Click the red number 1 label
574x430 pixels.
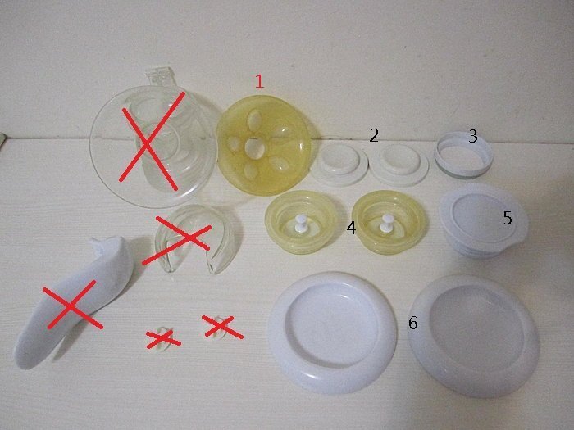click(259, 81)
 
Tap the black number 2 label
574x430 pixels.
click(373, 136)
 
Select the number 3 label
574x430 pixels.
click(473, 137)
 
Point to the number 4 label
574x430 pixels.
click(351, 228)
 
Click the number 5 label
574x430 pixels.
click(508, 218)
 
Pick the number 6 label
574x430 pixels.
click(413, 323)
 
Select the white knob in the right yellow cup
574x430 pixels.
click(386, 223)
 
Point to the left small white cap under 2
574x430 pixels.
click(339, 164)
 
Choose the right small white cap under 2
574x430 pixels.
click(399, 165)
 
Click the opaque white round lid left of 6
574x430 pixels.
click(332, 333)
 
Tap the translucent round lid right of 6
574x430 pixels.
click(473, 337)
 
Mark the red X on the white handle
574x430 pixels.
click(72, 305)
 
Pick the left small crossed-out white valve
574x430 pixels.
click(162, 338)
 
